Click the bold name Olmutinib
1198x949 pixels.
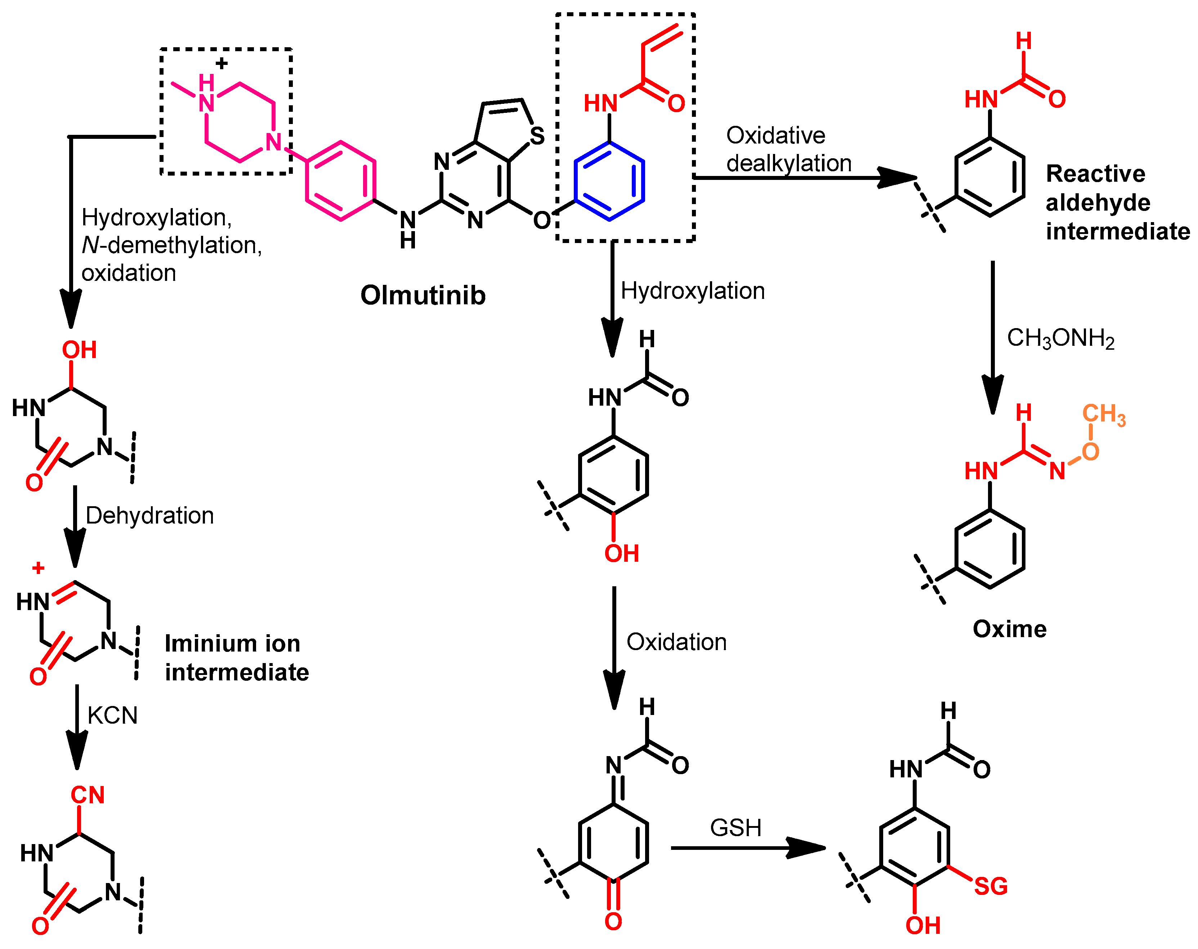(x=423, y=295)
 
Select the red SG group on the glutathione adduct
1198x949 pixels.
(x=991, y=886)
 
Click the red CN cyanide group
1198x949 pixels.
(x=87, y=795)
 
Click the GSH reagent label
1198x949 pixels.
(x=736, y=828)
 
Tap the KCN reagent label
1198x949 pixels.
(x=112, y=715)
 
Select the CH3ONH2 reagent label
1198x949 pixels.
(x=1060, y=338)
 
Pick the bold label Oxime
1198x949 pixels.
(x=1009, y=629)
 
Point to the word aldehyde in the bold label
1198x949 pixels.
(x=1098, y=203)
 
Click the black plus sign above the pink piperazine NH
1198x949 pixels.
(x=222, y=63)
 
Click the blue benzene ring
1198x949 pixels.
(x=609, y=181)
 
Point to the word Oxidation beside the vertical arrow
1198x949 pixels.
(x=676, y=642)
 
